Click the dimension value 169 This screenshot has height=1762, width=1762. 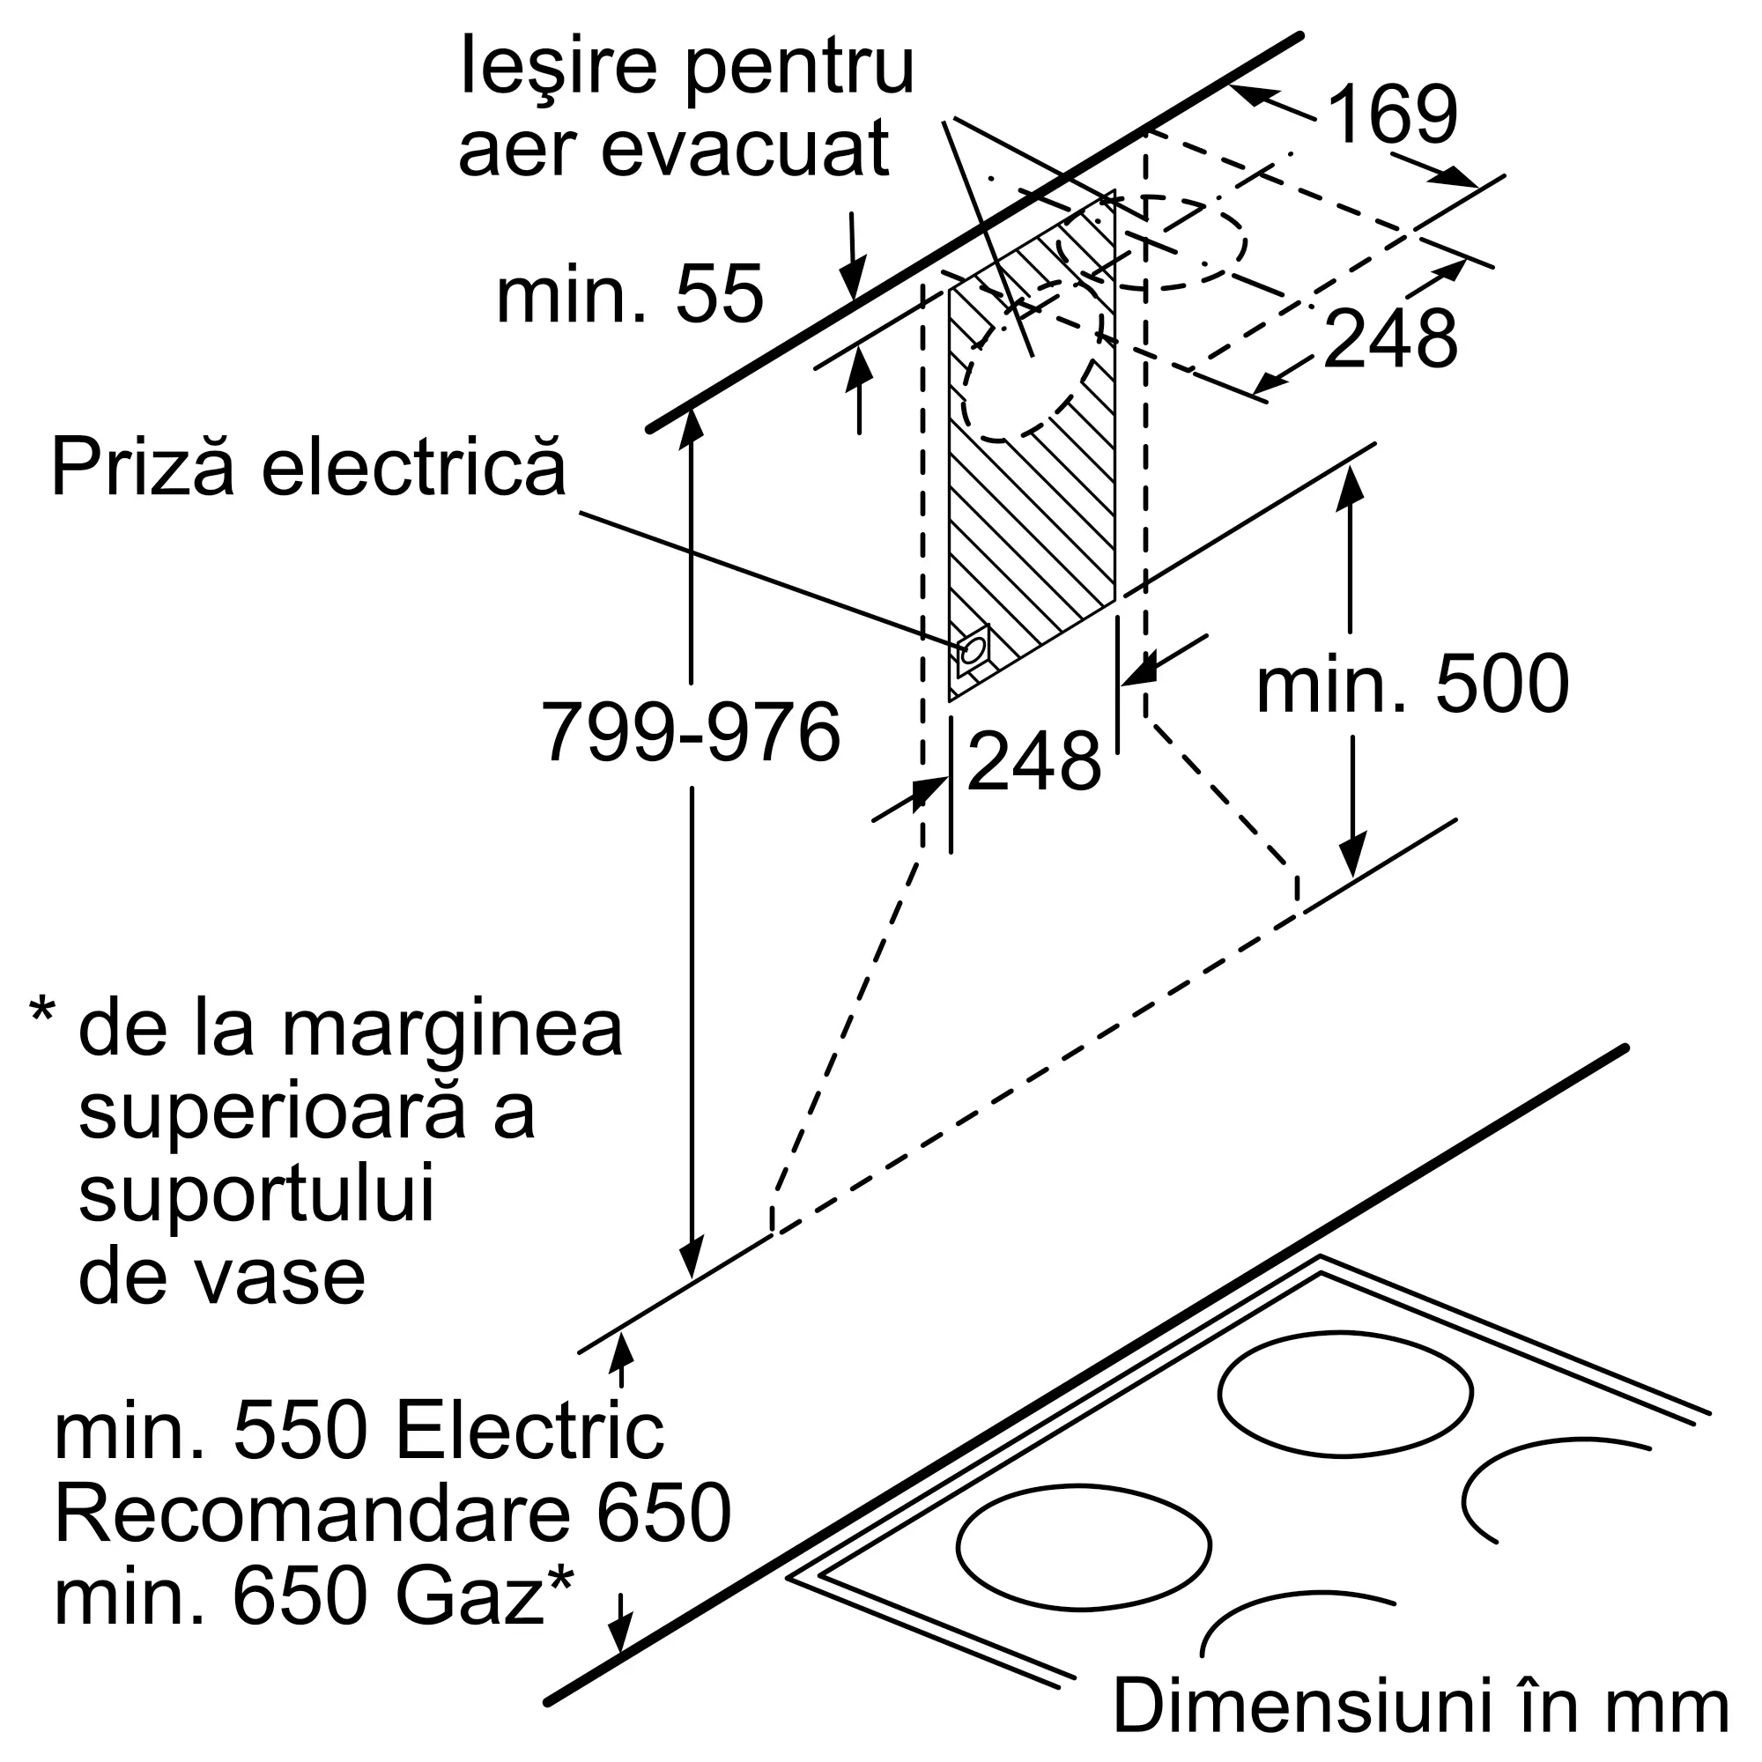[1393, 115]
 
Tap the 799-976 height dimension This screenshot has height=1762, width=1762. [691, 732]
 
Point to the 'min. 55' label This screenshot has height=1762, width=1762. [629, 294]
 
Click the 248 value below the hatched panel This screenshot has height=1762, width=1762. [1034, 760]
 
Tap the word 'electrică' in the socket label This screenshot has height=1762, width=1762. [414, 467]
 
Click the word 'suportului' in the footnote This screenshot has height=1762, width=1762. [256, 1196]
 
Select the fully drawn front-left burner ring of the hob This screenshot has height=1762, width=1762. [1085, 1547]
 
